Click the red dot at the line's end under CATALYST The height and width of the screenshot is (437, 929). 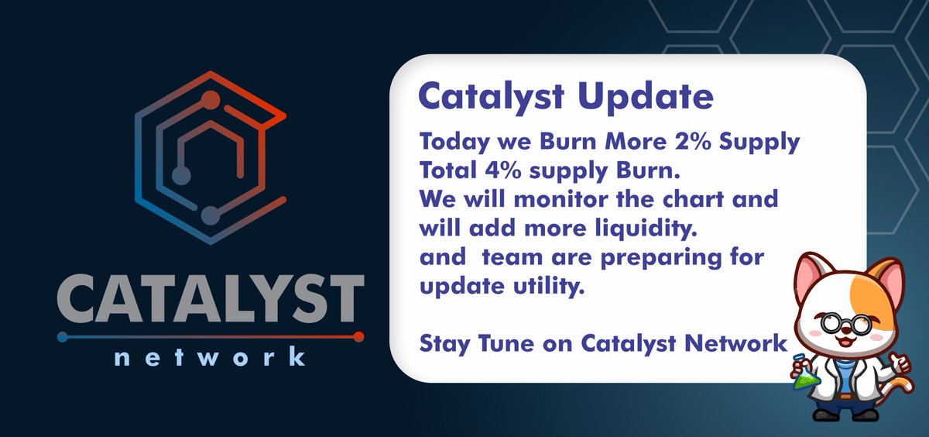point(358,336)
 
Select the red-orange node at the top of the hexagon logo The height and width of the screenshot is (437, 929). point(210,99)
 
